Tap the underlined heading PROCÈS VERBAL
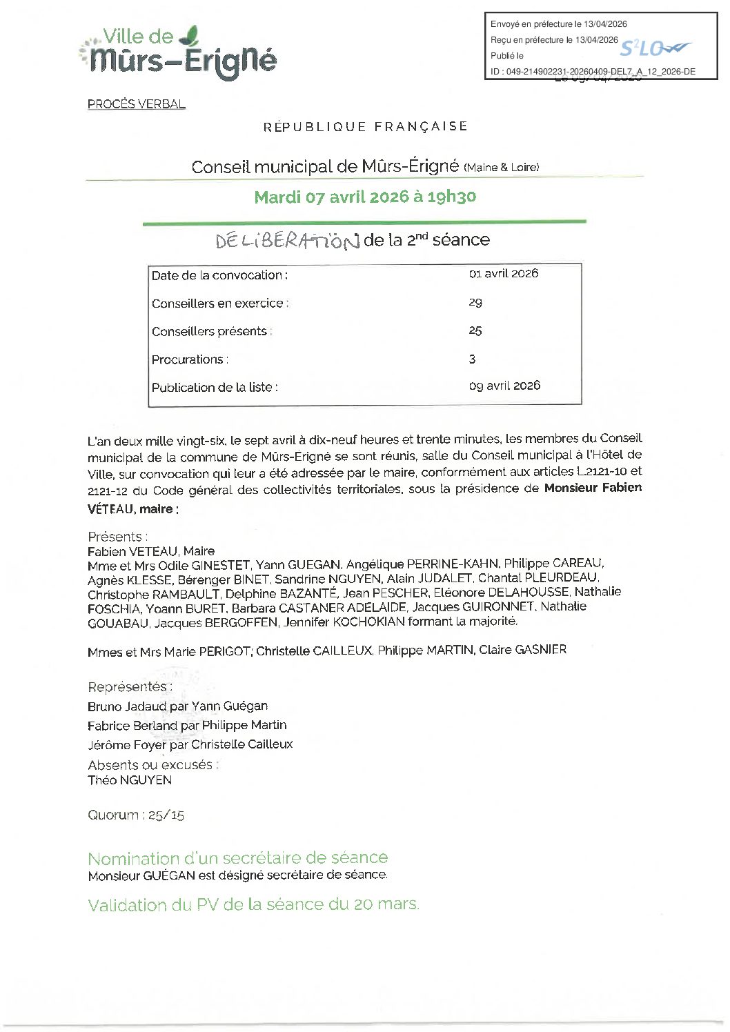tap(136, 104)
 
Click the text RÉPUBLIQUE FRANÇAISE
tap(365, 126)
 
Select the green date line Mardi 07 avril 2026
tap(365, 197)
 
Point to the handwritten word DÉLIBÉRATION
tap(288, 241)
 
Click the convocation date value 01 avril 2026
tap(504, 273)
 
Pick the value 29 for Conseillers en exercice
tap(475, 302)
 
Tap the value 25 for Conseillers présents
tap(475, 330)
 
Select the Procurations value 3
tap(472, 359)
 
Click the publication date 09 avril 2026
tap(504, 386)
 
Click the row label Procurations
tap(190, 359)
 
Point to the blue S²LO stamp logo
tap(653, 48)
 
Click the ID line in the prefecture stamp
tap(593, 71)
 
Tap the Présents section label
tap(117, 536)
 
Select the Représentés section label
tap(130, 686)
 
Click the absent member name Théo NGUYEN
tap(130, 780)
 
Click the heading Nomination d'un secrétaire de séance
tap(237, 857)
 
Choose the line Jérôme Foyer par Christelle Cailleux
tap(190, 744)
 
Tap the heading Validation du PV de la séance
tap(253, 904)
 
